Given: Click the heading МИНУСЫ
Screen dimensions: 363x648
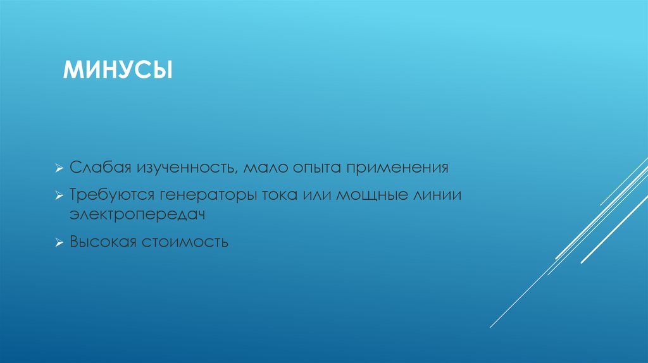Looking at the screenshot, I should point(118,70).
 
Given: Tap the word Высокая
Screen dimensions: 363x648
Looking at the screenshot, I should point(103,242).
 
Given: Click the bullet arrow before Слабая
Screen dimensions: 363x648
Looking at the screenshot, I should point(58,169).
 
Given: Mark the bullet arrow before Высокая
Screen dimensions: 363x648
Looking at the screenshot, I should point(58,242).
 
